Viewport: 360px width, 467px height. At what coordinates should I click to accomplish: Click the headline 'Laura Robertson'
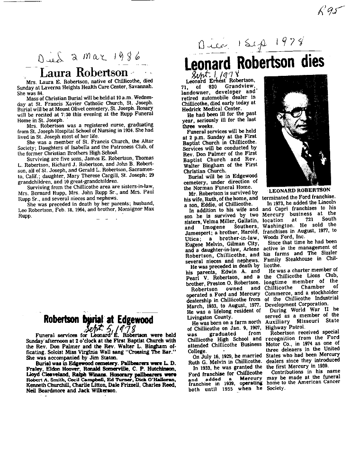[84, 73]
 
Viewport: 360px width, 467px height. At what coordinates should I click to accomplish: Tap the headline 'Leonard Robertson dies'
[254, 62]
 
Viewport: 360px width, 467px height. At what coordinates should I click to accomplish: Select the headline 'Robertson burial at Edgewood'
[98, 320]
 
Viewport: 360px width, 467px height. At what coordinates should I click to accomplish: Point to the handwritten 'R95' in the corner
[332, 9]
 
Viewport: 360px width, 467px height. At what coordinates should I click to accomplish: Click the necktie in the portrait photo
[306, 152]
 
